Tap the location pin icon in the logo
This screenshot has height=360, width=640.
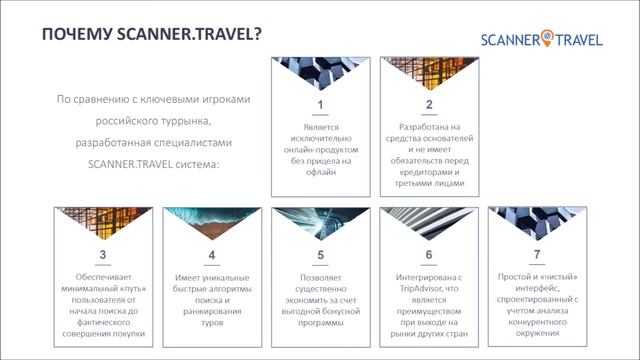(x=546, y=38)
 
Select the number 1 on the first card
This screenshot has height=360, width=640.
(x=320, y=105)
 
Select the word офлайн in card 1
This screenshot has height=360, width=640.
(x=320, y=172)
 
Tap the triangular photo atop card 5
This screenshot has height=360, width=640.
(x=320, y=222)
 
